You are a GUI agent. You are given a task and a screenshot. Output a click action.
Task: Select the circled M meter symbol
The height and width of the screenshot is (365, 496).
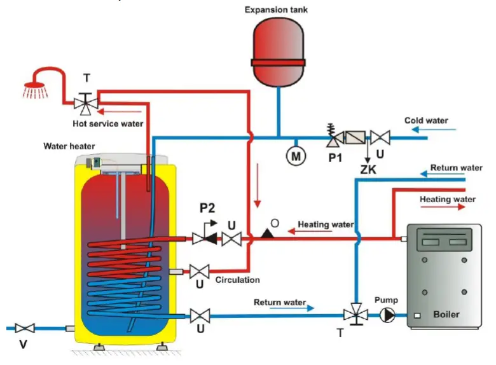[x=295, y=155]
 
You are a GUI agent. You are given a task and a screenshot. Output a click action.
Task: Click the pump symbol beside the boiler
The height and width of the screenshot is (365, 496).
[x=387, y=314]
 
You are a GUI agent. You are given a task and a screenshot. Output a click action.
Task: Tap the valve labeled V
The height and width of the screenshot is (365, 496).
[x=25, y=328]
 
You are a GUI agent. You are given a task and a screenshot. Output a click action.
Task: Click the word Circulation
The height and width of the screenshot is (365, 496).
[x=237, y=279]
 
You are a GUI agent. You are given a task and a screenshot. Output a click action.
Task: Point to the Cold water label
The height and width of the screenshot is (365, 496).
[x=426, y=120]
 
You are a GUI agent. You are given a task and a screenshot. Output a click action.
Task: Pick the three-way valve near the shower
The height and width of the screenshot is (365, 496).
[x=86, y=101]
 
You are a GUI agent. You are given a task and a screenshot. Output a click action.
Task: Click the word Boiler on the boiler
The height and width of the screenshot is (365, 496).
[x=446, y=315]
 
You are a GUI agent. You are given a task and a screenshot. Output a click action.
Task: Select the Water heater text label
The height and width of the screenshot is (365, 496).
[x=69, y=146]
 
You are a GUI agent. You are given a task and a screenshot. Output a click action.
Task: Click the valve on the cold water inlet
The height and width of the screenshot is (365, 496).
[x=381, y=136]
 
